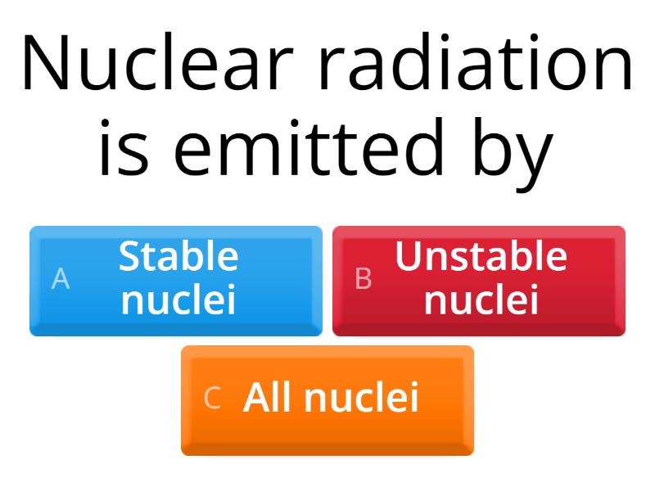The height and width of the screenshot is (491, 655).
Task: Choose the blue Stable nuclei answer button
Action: (x=176, y=280)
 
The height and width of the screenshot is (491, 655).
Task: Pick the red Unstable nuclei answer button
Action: (x=479, y=280)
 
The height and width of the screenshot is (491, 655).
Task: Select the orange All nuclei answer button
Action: (x=327, y=399)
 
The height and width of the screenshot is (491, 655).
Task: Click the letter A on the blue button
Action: (x=61, y=279)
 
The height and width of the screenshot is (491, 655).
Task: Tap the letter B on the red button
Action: (x=364, y=279)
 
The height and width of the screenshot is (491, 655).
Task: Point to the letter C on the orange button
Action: (x=212, y=399)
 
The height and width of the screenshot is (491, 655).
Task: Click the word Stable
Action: (x=178, y=257)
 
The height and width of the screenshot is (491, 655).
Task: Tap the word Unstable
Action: (x=481, y=257)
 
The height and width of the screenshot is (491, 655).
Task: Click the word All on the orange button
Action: (x=269, y=398)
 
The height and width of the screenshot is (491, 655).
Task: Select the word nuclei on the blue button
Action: (x=178, y=300)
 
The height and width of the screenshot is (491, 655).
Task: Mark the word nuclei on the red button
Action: (x=481, y=300)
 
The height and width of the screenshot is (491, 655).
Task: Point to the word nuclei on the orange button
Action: (x=362, y=398)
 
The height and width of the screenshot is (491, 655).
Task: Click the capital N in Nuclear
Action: (x=46, y=64)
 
